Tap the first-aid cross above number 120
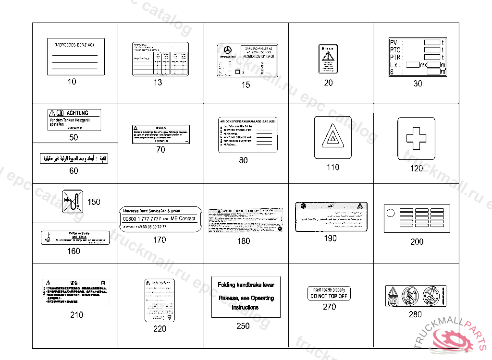tap(416, 138)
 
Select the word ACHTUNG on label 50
tap(77, 113)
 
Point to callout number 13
tap(158, 83)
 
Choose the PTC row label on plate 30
tap(396, 49)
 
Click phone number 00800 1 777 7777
tap(142, 218)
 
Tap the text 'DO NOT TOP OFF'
tap(329, 296)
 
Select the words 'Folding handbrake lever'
tap(246, 285)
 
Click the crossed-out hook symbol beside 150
tap(73, 201)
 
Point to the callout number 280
tap(415, 314)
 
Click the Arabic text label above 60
tap(74, 158)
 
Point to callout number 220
tap(160, 328)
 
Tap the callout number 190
tap(331, 238)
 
